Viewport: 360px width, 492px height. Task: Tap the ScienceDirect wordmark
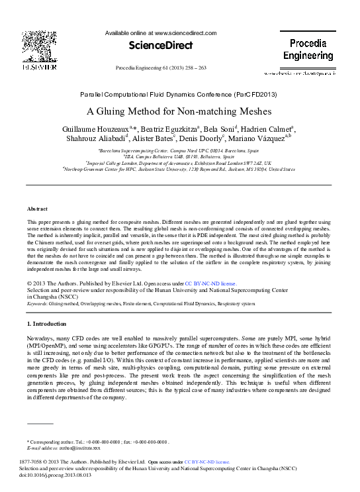coord(160,46)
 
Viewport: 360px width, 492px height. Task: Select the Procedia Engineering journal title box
coord(308,50)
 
